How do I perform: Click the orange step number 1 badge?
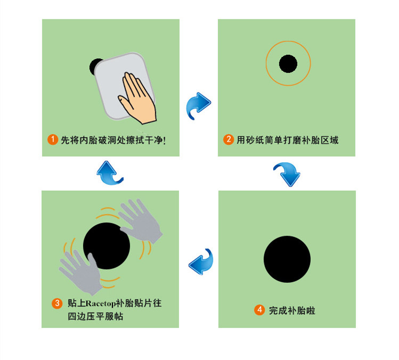pos(53,140)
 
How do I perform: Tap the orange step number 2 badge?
pos(229,140)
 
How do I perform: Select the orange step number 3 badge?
pos(57,303)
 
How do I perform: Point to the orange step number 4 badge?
pos(259,310)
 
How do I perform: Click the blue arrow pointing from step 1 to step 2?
pos(199,105)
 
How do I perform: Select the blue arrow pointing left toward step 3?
pos(201,262)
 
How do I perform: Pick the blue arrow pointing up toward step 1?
pos(109,173)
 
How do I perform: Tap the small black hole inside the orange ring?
pos(288,63)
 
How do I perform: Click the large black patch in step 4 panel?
pos(287,259)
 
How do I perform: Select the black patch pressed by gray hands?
pos(107,246)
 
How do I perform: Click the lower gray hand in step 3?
pos(82,274)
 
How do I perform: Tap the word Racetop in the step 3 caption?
pos(100,304)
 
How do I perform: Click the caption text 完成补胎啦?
pos(292,310)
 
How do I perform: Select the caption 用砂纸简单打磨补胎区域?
pos(288,140)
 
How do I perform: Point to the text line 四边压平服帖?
pos(95,316)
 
